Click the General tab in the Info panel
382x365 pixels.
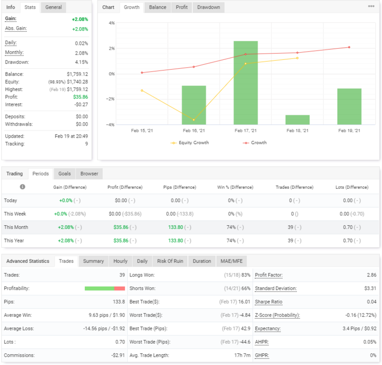(54, 7)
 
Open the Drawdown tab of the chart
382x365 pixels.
(209, 7)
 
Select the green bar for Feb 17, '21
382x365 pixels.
(246, 83)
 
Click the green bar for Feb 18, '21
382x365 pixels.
(297, 120)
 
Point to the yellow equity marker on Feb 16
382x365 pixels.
(194, 120)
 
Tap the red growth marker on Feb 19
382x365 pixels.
(349, 47)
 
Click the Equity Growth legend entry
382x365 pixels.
(190, 143)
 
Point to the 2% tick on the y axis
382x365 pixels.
(112, 49)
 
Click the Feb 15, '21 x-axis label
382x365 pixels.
(142, 130)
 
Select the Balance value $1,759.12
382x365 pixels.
(77, 74)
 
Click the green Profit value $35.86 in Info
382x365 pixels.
(80, 97)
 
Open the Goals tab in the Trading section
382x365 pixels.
(64, 174)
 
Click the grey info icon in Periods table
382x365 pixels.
(22, 187)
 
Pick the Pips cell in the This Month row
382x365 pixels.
(179, 227)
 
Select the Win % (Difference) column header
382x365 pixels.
(235, 187)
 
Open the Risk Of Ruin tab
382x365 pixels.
(170, 261)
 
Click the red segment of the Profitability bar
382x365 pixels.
(119, 288)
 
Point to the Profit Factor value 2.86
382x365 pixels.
(371, 275)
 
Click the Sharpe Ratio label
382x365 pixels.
(268, 302)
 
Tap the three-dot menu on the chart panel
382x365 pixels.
(371, 6)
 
